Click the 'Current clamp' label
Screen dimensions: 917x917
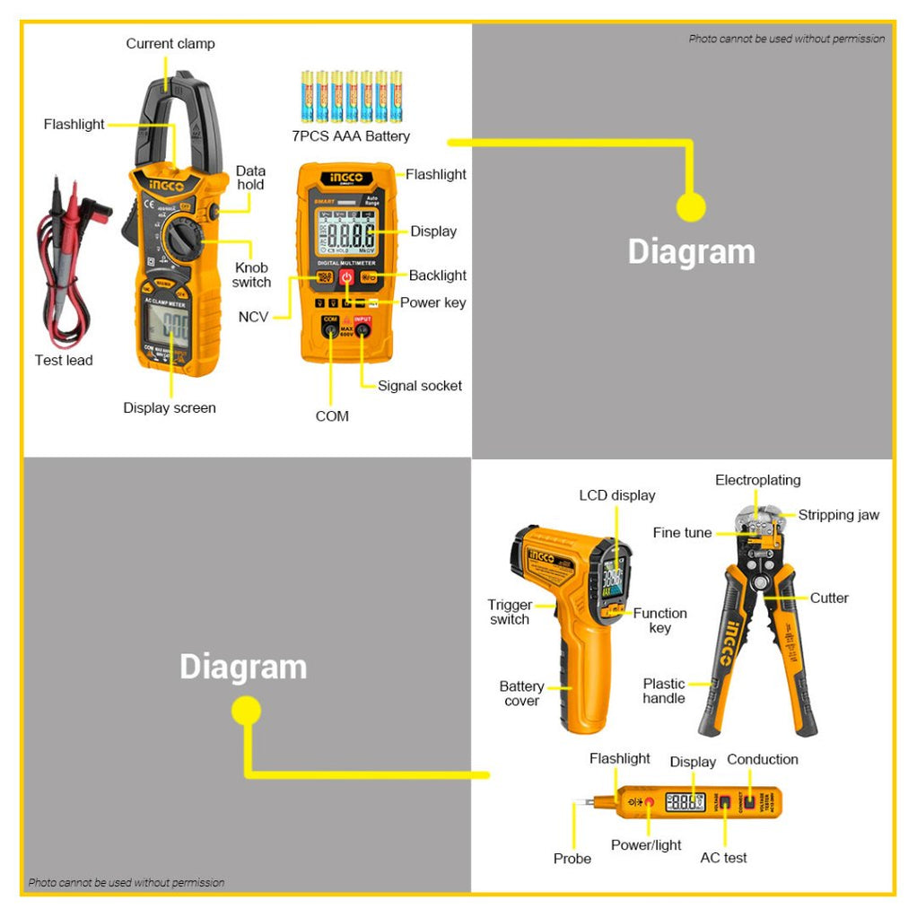click(x=170, y=43)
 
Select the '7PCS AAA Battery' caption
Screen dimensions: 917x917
click(x=351, y=136)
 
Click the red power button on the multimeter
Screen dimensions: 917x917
click(x=346, y=277)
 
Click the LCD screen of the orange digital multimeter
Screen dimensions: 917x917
click(x=345, y=235)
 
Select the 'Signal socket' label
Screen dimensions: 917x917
click(x=419, y=386)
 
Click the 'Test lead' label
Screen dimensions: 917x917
click(x=64, y=360)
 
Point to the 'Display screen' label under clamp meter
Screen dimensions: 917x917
click(x=170, y=408)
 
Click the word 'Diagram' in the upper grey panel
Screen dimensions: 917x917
click(x=691, y=251)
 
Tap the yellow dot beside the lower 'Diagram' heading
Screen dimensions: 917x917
click(x=246, y=712)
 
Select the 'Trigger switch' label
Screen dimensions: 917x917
click(x=510, y=612)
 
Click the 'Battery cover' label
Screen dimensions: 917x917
click(x=521, y=694)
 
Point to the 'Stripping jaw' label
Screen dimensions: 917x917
click(x=838, y=515)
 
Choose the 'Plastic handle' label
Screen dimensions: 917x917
click(x=664, y=691)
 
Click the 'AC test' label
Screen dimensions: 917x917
click(x=723, y=858)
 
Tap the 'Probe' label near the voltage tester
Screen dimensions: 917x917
click(x=572, y=859)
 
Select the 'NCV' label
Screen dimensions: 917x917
click(x=253, y=317)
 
